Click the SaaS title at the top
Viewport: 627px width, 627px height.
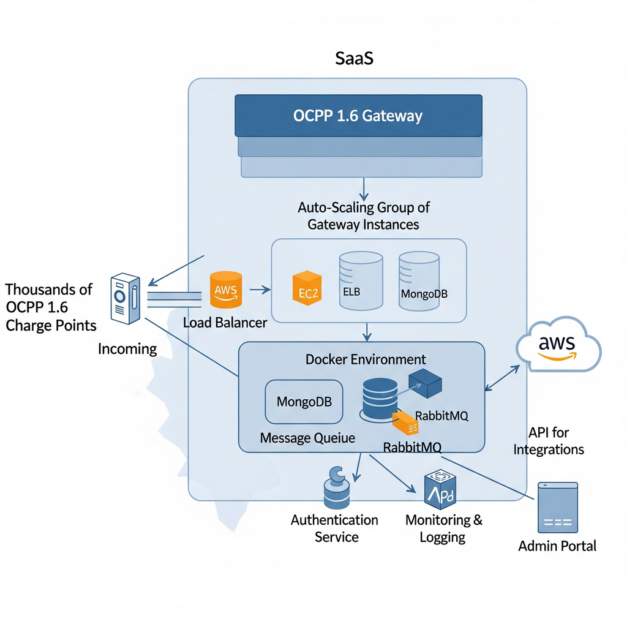pyautogui.click(x=355, y=59)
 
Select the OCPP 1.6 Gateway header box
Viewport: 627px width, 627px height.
pyautogui.click(x=358, y=115)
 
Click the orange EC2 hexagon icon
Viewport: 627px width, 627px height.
pyautogui.click(x=306, y=287)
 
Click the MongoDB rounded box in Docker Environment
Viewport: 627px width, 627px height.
pyautogui.click(x=304, y=402)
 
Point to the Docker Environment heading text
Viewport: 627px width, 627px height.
pyautogui.click(x=366, y=359)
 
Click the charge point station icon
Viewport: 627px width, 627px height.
pyautogui.click(x=125, y=299)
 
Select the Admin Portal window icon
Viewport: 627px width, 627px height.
pyautogui.click(x=557, y=508)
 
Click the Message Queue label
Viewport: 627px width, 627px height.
pyautogui.click(x=307, y=438)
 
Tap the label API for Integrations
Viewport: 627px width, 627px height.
pyautogui.click(x=549, y=441)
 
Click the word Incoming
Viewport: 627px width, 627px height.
pyautogui.click(x=127, y=349)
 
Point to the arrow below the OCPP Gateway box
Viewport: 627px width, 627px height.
pyautogui.click(x=364, y=186)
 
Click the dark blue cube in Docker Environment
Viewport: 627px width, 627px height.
pyautogui.click(x=425, y=381)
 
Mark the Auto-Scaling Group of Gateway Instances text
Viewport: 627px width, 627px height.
pyautogui.click(x=364, y=216)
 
